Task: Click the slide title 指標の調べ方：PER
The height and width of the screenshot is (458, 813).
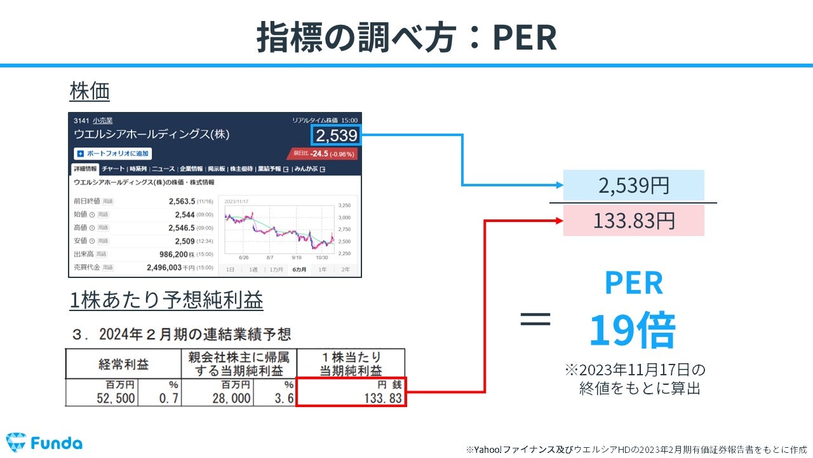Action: point(406,38)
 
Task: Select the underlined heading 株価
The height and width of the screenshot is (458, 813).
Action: point(90,92)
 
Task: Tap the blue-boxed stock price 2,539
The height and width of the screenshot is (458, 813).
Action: point(336,135)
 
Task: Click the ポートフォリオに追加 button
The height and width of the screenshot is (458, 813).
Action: point(113,153)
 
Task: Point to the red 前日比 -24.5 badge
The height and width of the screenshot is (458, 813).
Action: point(323,153)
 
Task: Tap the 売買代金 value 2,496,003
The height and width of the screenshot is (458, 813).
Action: point(169,268)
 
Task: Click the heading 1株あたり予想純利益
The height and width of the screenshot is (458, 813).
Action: point(166,300)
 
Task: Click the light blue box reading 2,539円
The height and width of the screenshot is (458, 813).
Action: point(633,186)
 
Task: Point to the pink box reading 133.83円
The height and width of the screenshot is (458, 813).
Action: point(633,221)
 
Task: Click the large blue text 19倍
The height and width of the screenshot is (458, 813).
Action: point(632,331)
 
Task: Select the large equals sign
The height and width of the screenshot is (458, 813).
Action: point(535,319)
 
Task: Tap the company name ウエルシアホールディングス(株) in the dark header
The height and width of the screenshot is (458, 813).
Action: point(152,134)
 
